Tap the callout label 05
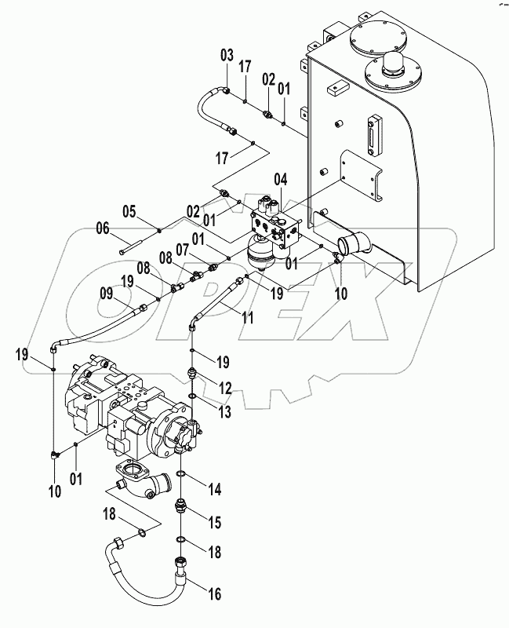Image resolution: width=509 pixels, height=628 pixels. click(x=128, y=211)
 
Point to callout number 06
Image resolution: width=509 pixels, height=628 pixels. click(x=103, y=228)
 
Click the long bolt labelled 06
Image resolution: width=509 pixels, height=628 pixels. click(x=138, y=252)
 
